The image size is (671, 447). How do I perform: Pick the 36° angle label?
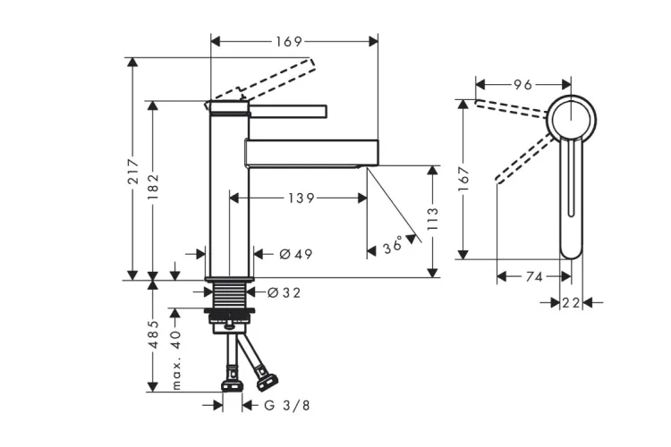(391, 244)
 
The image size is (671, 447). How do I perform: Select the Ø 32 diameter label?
(285, 291)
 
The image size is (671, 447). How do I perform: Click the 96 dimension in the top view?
(522, 85)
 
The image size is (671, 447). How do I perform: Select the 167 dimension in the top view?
(463, 179)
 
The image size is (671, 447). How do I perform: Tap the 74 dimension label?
(533, 277)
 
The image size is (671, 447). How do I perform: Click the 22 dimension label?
(572, 303)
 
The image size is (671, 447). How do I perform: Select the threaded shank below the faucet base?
(229, 292)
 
